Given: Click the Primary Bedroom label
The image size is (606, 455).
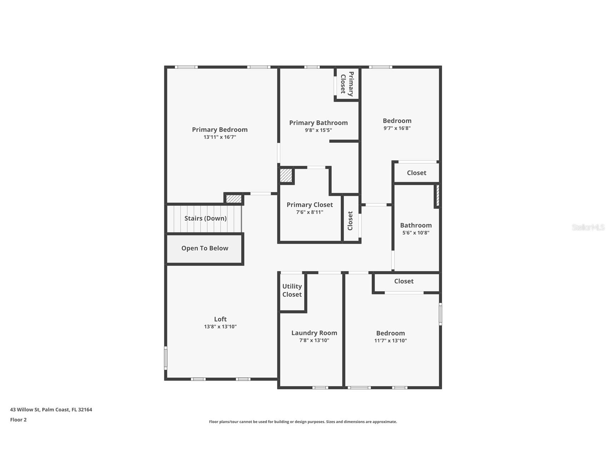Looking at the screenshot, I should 220,129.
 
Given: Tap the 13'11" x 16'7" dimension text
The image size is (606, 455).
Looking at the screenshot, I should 220,137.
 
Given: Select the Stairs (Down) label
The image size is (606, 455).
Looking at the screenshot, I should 205,218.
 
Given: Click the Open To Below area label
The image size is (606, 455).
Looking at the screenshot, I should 205,248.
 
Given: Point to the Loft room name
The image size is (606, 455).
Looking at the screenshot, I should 220,319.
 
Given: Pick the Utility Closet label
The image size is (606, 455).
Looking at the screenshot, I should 292,290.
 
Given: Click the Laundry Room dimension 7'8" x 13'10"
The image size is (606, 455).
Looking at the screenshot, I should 314,341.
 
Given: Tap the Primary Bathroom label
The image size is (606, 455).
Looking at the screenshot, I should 318,123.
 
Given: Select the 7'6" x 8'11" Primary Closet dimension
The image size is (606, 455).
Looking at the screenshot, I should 310,212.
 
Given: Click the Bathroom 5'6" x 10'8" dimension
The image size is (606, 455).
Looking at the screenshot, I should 416,233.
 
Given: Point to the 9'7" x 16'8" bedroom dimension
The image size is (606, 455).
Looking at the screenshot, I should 397,128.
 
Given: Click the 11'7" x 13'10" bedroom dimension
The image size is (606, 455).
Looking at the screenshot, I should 390,341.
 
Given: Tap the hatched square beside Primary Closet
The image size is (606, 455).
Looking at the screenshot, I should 286,176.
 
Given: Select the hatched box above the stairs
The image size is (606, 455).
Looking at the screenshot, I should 234,199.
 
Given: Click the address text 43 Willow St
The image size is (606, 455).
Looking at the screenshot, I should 51,410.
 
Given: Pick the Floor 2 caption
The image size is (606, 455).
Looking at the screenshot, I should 18,420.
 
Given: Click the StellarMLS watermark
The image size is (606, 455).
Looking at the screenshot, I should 588,227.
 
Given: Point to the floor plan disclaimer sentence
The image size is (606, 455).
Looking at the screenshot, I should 303,422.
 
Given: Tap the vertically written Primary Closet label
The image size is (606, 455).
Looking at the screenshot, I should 347,84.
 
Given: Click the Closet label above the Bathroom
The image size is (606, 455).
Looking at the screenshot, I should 416,173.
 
